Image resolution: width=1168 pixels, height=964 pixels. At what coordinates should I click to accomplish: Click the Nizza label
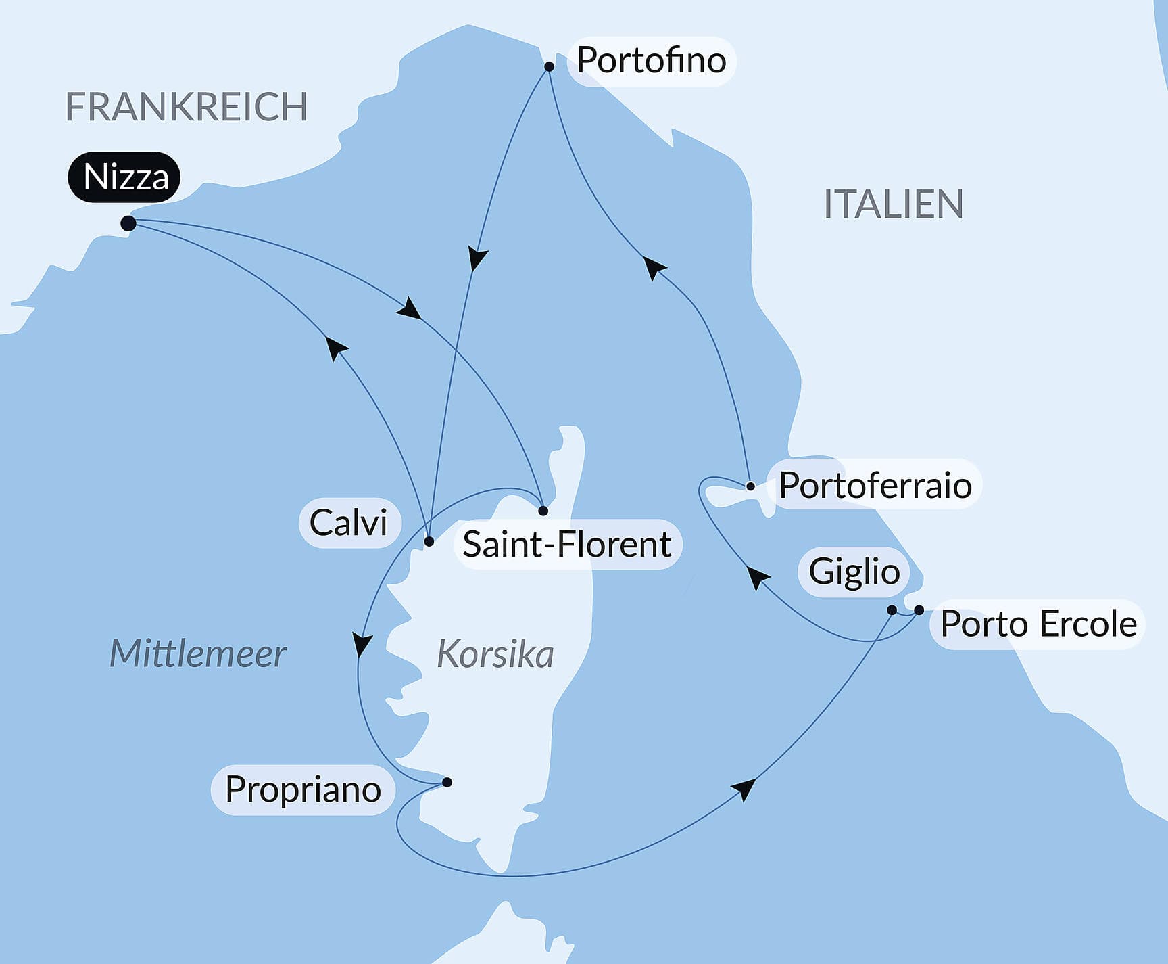click(125, 177)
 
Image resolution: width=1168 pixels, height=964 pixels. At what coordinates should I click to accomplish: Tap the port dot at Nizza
click(128, 223)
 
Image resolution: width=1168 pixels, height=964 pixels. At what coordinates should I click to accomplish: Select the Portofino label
click(651, 61)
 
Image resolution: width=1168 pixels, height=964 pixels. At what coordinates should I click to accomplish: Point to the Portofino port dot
click(550, 66)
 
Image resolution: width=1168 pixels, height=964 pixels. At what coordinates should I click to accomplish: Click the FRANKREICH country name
click(186, 107)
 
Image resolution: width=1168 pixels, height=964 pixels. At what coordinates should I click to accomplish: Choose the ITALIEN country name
click(894, 204)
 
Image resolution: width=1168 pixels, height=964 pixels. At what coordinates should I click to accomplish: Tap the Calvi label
click(348, 523)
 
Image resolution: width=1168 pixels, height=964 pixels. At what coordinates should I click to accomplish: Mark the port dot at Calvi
click(429, 541)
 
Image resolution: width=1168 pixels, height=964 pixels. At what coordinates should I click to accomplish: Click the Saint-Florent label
click(567, 545)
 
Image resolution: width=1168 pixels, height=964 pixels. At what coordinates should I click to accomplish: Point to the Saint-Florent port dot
click(543, 511)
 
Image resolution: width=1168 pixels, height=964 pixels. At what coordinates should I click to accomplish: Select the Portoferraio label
click(875, 485)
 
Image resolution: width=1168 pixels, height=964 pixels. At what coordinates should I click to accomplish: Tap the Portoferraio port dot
click(750, 486)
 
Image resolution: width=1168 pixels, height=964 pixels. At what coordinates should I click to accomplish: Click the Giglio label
click(854, 572)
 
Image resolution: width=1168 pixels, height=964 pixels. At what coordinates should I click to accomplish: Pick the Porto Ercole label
click(1038, 624)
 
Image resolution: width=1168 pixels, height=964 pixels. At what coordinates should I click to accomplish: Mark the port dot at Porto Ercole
click(919, 610)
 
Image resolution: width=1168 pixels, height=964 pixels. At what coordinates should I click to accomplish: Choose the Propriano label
click(303, 789)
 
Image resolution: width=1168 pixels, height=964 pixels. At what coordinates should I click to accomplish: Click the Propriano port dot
click(447, 783)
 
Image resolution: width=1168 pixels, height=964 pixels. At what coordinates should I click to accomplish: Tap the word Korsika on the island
click(495, 655)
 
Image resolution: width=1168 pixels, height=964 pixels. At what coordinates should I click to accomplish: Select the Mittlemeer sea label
click(198, 654)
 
